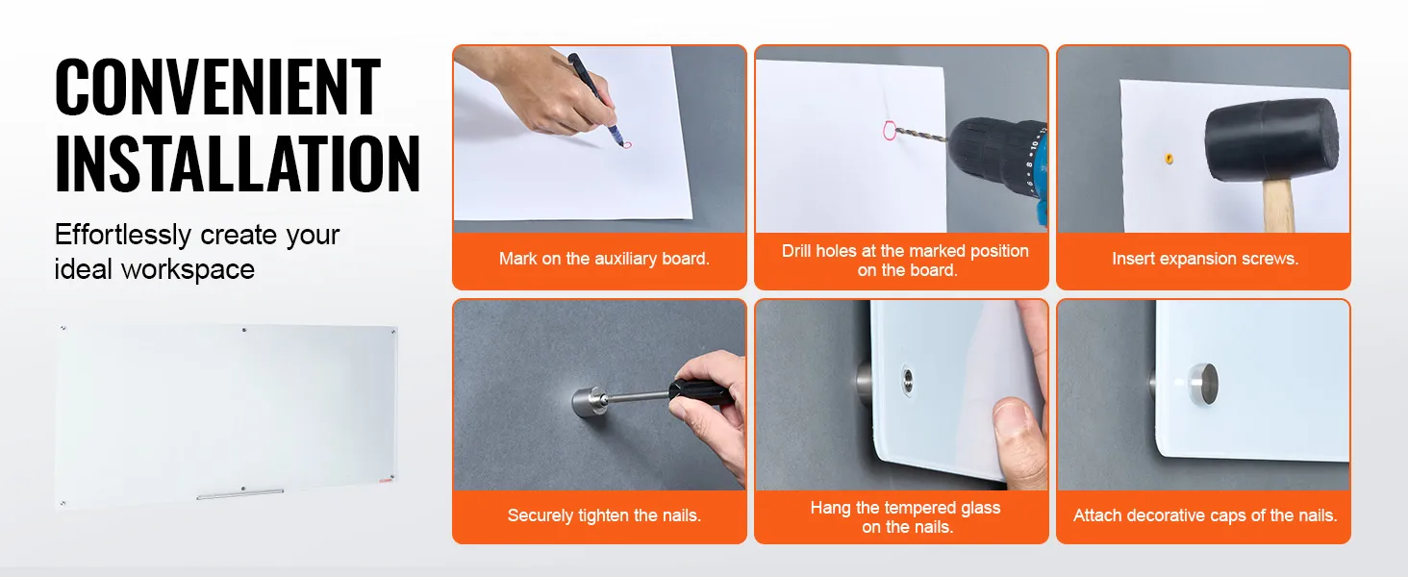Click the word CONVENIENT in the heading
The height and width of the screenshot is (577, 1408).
218,88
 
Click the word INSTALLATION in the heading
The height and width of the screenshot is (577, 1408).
238,165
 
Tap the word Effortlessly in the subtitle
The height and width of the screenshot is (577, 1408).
122,236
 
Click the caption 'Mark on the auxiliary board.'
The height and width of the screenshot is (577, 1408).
604,259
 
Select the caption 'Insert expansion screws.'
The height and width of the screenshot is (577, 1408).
1205,259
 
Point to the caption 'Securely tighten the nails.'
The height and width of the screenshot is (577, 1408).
604,515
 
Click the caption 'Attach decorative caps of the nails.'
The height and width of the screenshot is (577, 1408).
1205,515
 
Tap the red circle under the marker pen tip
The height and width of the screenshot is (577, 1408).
626,145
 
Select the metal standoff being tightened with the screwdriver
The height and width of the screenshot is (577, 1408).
590,401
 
